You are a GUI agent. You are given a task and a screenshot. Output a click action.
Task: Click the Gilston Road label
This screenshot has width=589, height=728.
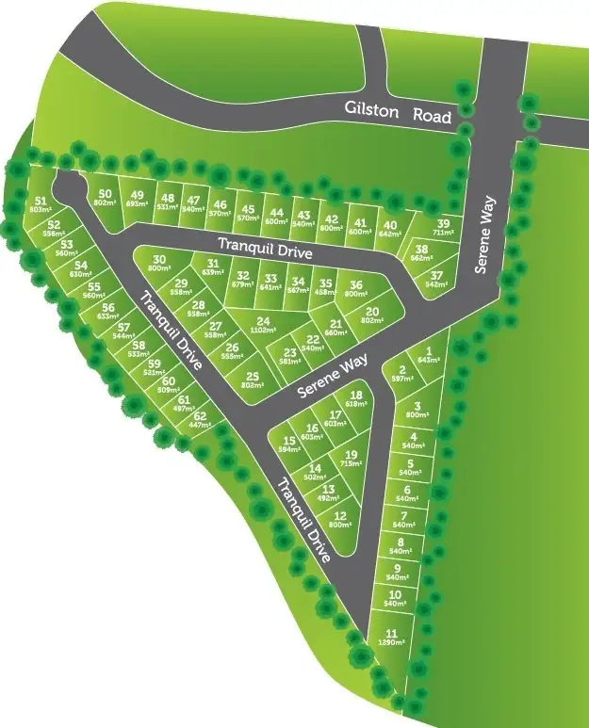click(396, 115)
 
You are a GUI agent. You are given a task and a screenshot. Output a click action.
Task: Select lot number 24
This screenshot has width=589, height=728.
click(263, 321)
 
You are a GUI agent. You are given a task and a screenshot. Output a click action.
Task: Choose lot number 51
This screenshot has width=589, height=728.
click(40, 201)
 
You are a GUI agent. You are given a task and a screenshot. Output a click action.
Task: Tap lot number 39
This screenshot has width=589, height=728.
click(443, 222)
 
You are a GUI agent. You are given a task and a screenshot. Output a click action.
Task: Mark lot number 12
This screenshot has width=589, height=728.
click(340, 515)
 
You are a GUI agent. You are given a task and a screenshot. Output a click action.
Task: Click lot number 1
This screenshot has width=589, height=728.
click(430, 349)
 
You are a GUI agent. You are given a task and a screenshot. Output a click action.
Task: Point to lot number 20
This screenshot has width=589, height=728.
click(372, 312)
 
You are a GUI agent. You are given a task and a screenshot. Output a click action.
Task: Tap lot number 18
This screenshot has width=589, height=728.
click(356, 396)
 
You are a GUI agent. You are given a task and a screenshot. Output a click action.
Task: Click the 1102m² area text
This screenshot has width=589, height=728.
click(263, 332)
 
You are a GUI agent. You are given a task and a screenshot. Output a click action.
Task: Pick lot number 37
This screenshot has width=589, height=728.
click(436, 274)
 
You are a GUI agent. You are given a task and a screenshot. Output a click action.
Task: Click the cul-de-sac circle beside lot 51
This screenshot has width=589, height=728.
click(68, 185)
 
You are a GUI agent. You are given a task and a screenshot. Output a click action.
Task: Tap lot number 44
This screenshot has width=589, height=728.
click(276, 212)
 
